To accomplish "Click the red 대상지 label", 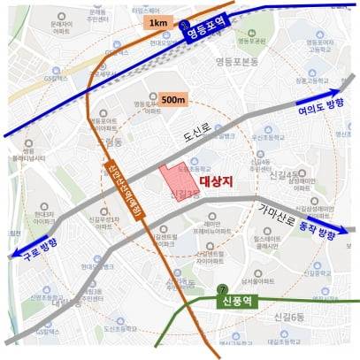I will (215, 180).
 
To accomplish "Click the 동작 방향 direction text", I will (314, 233).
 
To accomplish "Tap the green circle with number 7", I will (220, 289).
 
